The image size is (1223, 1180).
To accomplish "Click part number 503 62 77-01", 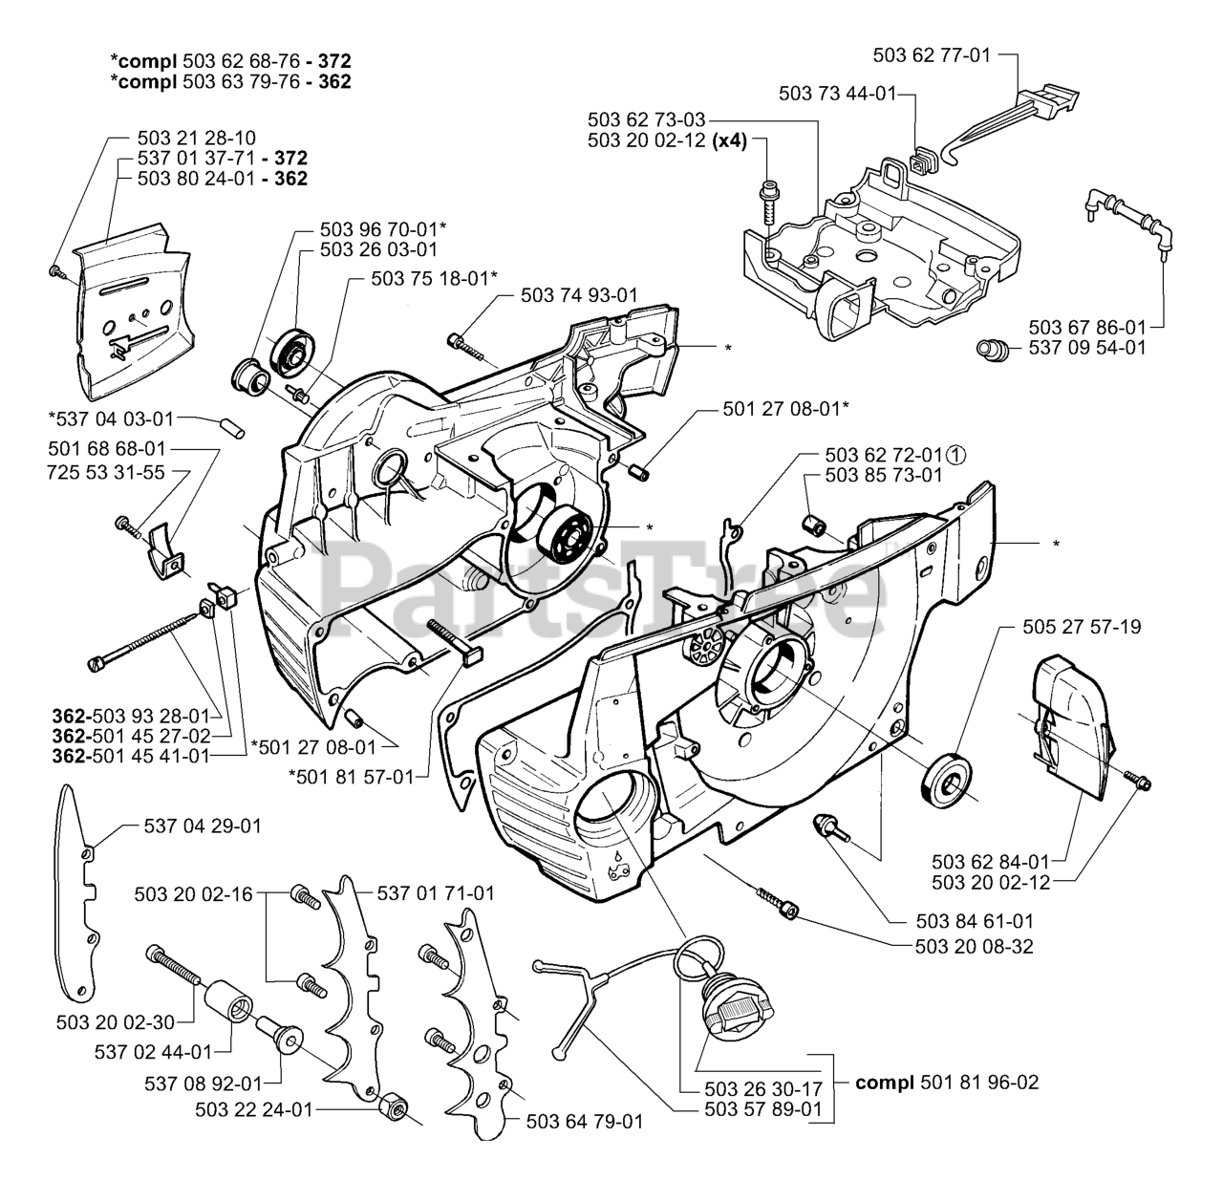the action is [x=932, y=55].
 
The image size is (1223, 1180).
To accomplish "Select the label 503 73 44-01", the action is [x=837, y=94].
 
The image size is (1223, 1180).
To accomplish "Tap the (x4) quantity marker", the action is [x=730, y=140].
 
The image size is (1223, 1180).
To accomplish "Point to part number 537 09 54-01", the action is [x=1087, y=348].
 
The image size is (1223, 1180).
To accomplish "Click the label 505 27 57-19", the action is [x=1082, y=627].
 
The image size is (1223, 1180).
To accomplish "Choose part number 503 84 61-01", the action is [x=975, y=921].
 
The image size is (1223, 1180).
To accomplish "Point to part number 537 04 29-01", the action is [x=203, y=826].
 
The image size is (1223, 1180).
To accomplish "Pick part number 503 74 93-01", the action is [x=579, y=294].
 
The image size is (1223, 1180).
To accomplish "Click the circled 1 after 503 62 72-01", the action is [x=955, y=454].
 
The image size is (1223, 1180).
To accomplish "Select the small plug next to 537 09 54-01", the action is [x=993, y=350].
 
